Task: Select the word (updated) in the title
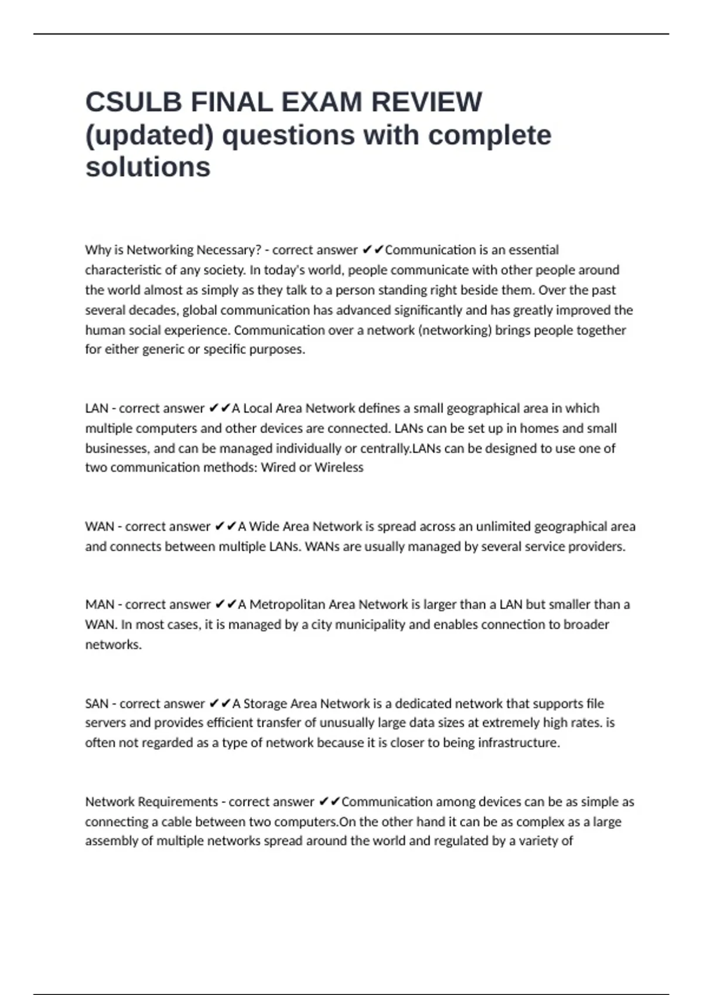(149, 135)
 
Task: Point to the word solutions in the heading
(148, 167)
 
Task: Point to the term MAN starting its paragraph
(100, 605)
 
